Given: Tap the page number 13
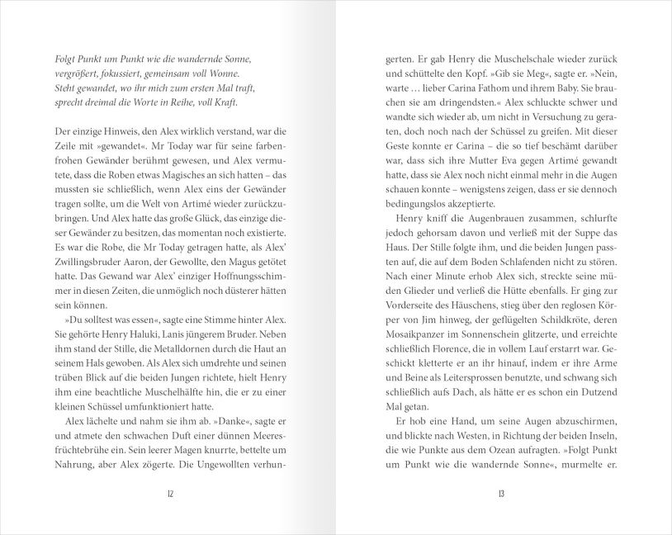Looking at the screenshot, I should pos(501,494).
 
